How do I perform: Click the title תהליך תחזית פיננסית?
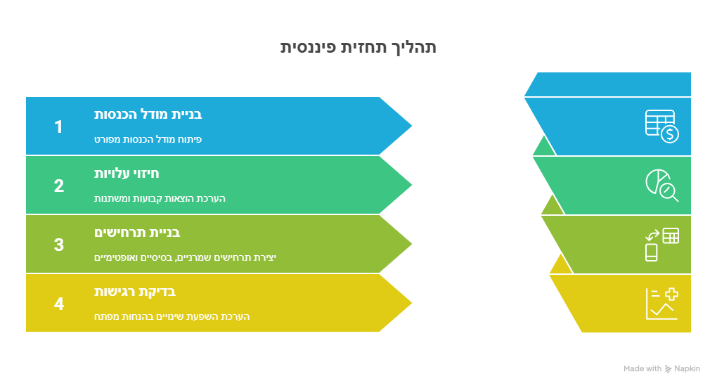tap(358, 47)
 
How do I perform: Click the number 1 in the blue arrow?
tap(58, 127)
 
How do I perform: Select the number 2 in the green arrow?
tap(58, 186)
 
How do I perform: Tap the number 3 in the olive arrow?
tap(58, 245)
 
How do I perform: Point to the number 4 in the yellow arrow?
tap(58, 304)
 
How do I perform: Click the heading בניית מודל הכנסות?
tap(148, 114)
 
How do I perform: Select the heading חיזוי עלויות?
tap(127, 173)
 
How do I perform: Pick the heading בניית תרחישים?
tap(137, 232)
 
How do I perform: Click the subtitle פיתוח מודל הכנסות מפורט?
tap(148, 139)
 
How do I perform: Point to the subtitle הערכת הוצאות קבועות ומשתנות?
tap(160, 198)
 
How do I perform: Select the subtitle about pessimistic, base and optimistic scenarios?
tap(185, 257)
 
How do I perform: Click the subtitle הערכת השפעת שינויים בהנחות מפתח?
tap(172, 316)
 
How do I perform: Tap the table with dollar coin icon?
tap(661, 127)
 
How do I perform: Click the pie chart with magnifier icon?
tap(661, 185)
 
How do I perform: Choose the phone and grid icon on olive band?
tap(661, 245)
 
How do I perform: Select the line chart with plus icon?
tap(661, 304)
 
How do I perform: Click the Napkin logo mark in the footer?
tap(668, 368)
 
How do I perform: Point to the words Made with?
tap(642, 368)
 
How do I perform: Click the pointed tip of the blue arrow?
tap(411, 127)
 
